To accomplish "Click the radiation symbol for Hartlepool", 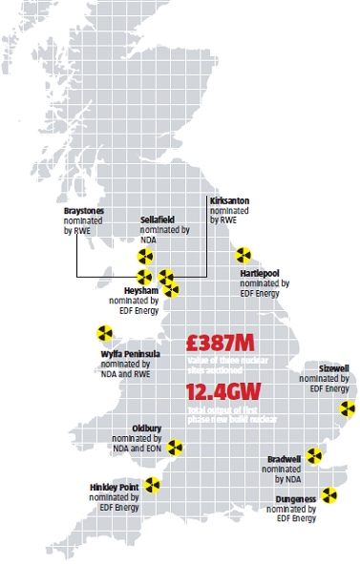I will click(x=244, y=255).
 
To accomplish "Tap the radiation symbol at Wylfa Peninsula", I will click(x=104, y=333).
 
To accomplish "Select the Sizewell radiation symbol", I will click(x=347, y=408).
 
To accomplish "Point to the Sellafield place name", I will click(x=158, y=219).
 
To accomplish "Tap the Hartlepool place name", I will click(x=260, y=273).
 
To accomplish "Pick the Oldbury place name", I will click(x=130, y=428).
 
